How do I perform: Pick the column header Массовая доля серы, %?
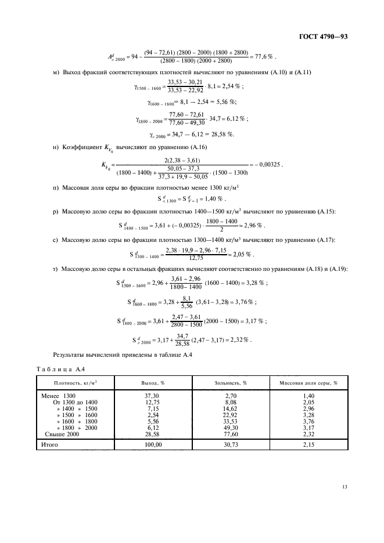[x=309, y=383]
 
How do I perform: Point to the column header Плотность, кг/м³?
[x=76, y=383]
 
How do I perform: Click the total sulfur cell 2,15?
[x=309, y=445]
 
